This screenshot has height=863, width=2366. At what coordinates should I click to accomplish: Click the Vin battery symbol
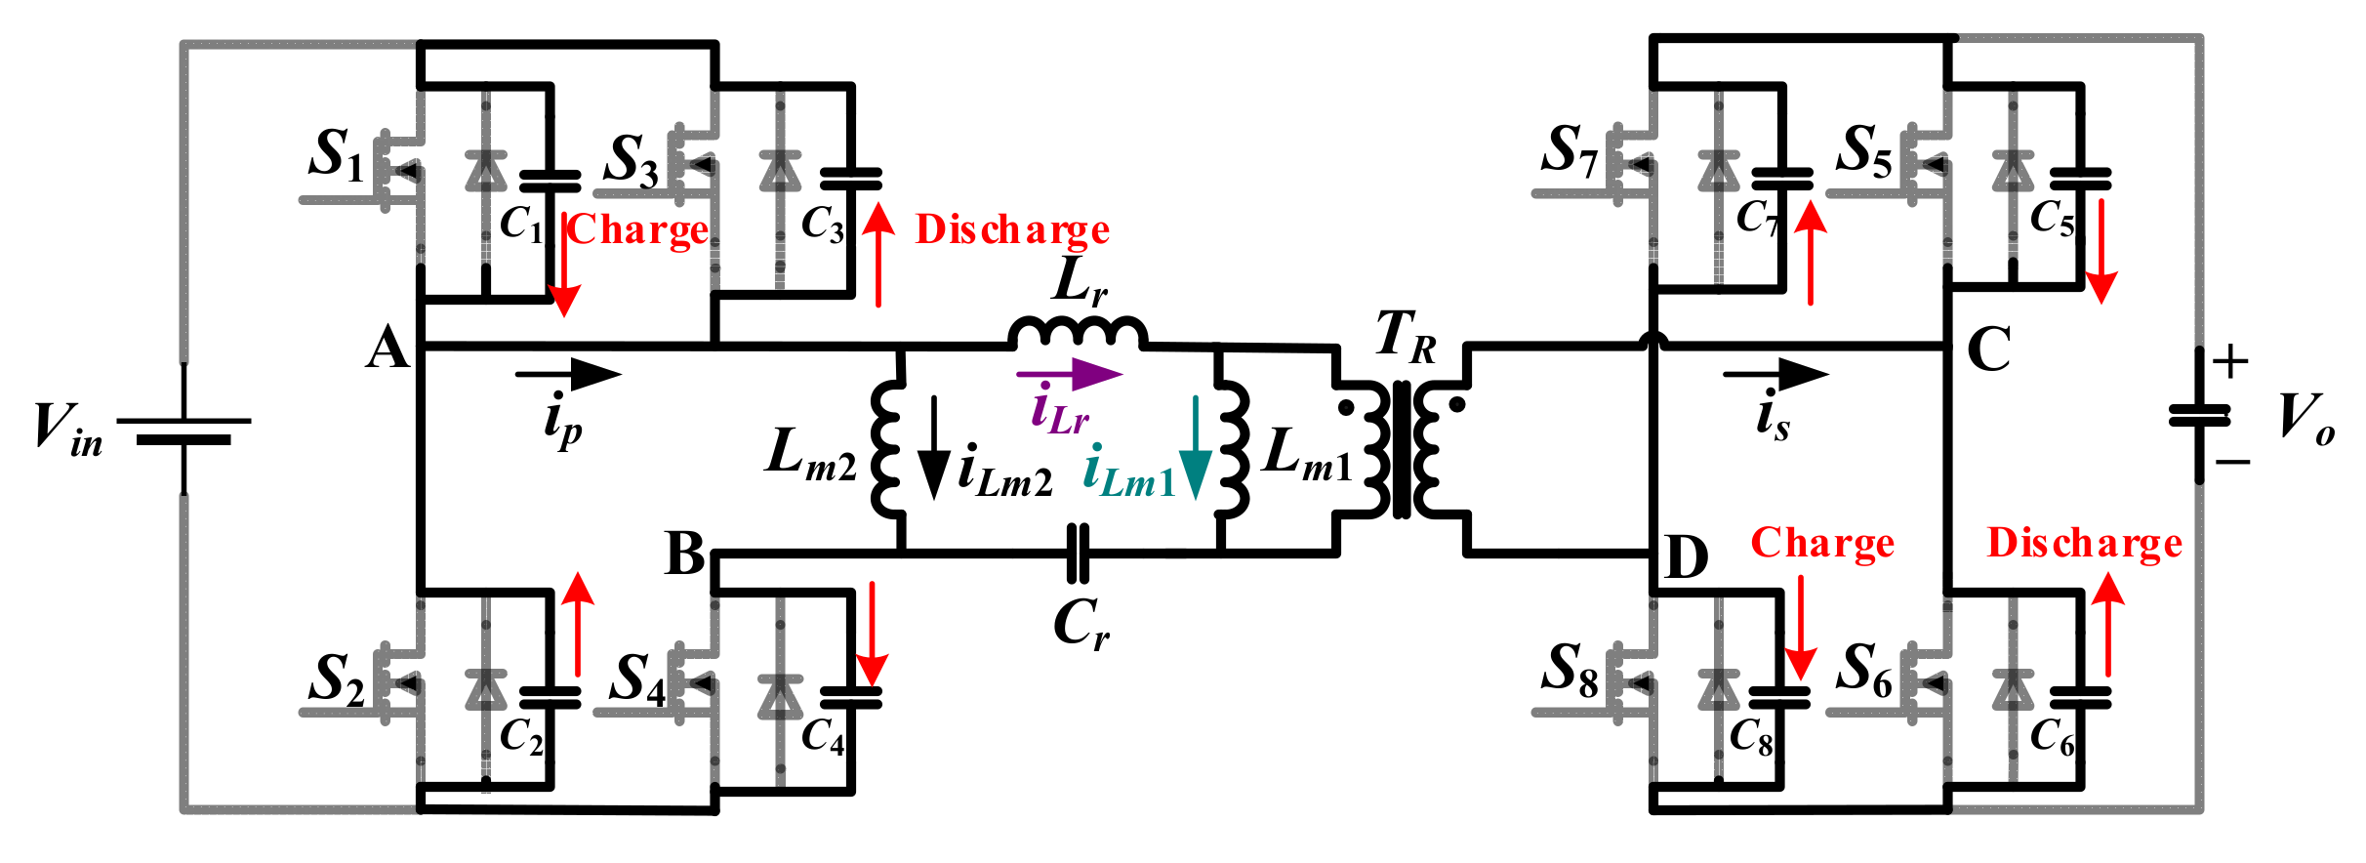point(184,430)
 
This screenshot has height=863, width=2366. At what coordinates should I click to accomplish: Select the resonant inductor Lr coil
point(1077,333)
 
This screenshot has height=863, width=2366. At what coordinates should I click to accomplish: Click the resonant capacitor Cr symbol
point(1078,553)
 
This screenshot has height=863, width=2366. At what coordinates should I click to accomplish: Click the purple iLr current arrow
point(1069,374)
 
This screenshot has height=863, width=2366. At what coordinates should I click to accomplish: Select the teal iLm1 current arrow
point(1195,448)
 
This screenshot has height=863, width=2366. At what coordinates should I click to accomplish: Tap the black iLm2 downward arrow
point(934,448)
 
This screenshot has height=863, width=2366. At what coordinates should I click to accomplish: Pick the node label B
point(684,555)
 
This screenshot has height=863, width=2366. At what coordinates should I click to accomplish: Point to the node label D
point(1687,558)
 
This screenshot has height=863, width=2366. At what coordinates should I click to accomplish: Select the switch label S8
point(1570,672)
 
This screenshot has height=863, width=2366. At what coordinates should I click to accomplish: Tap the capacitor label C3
point(822,225)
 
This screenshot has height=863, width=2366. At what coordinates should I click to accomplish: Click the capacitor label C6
point(2052,737)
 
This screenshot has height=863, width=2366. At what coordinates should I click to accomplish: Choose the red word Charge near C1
point(638,230)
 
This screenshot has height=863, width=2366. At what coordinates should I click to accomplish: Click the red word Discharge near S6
point(2084,543)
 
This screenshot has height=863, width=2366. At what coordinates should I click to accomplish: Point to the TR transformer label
point(1406,336)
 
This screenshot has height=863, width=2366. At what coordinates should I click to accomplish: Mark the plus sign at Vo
point(2230,363)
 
